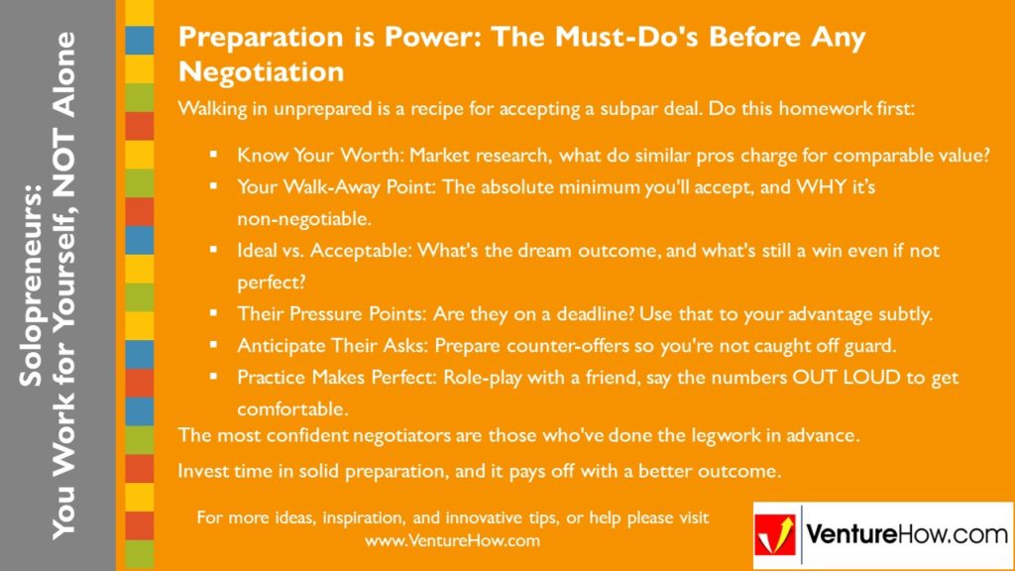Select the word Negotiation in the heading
coord(261,71)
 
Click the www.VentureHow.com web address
coord(452,541)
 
